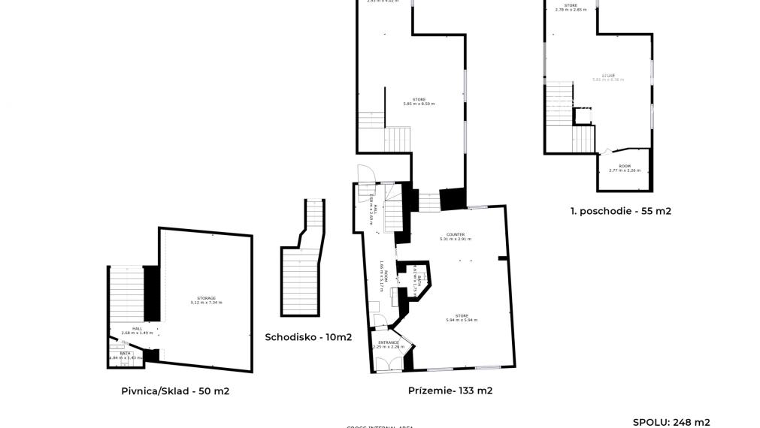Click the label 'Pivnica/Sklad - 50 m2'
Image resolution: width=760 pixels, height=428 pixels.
click(x=175, y=391)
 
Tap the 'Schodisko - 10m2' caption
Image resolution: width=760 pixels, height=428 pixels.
click(x=308, y=337)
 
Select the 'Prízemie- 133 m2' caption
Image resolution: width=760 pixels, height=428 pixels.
click(x=450, y=390)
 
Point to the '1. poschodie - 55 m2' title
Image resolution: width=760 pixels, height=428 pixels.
click(x=620, y=211)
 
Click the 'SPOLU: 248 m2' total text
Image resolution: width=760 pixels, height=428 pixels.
click(x=671, y=422)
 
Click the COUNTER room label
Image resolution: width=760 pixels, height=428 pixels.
click(x=455, y=237)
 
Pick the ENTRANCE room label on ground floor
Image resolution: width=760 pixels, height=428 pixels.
click(x=389, y=344)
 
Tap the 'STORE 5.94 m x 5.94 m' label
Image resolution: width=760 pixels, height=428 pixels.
click(x=462, y=318)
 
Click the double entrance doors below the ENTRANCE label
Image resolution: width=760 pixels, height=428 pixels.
click(x=389, y=363)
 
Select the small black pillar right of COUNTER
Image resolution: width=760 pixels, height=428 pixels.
click(x=502, y=258)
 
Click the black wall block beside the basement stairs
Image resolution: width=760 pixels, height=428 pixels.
click(x=151, y=294)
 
